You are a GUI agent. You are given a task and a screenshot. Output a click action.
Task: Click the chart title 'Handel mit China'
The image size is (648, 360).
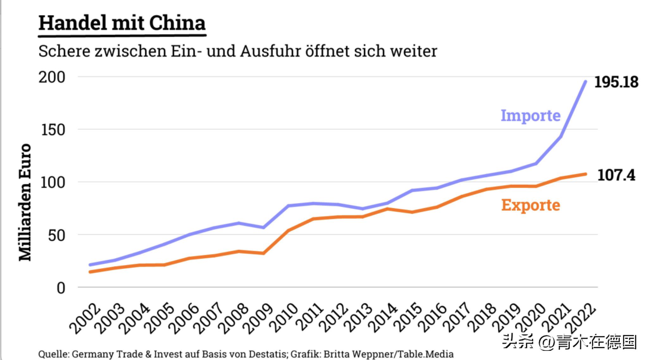(x=122, y=23)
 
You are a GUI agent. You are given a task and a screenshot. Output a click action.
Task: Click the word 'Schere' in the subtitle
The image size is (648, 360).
(x=64, y=51)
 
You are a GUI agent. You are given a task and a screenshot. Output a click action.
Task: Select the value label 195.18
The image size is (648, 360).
(x=616, y=82)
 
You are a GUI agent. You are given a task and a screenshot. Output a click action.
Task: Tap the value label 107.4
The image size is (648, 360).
(x=616, y=175)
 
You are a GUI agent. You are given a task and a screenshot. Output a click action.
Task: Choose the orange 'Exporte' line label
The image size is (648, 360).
(x=531, y=205)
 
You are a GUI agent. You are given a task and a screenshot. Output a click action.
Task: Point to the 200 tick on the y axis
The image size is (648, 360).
(x=52, y=77)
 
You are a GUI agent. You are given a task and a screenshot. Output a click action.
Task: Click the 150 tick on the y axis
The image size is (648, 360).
(x=53, y=130)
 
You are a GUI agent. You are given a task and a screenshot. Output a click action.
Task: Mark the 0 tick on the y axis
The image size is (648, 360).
(x=61, y=288)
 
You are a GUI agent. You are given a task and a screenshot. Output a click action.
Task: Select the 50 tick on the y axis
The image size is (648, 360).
(x=56, y=235)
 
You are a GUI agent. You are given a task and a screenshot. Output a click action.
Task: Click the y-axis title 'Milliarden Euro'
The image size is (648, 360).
(x=25, y=202)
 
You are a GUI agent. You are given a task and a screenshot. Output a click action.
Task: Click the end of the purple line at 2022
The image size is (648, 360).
(x=586, y=82)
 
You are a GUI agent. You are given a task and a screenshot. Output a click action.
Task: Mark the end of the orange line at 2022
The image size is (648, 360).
(x=586, y=174)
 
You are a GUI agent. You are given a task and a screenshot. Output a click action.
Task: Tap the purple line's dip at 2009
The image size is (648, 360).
(x=263, y=227)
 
